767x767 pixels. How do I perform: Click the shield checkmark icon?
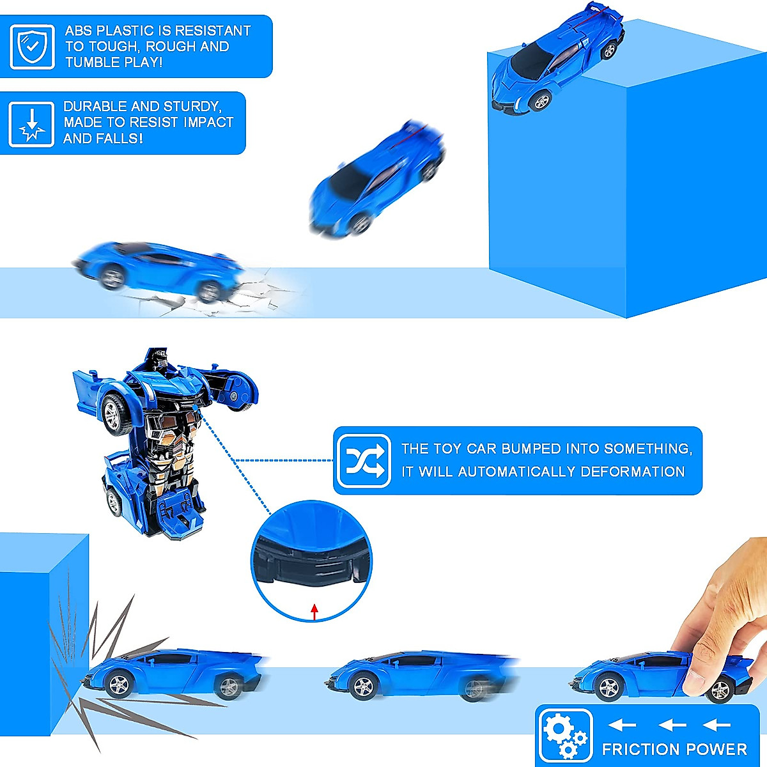point(31,47)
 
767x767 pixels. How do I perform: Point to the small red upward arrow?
point(314,611)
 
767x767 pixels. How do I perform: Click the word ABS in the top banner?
point(79,31)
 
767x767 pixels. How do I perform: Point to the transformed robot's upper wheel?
point(117,414)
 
